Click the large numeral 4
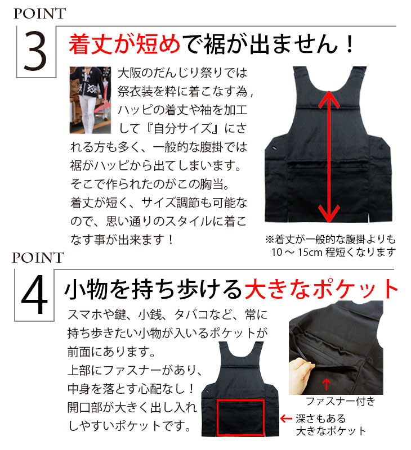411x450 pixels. point(35,294)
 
